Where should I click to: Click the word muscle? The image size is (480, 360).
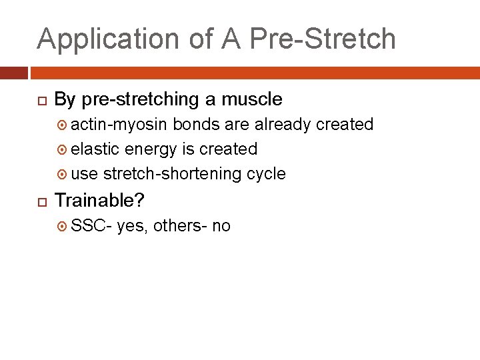coord(253,99)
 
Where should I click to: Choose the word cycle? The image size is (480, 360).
coord(266,174)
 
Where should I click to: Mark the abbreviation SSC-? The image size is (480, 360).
coord(91,226)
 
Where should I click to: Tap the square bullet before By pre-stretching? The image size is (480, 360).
coord(41,100)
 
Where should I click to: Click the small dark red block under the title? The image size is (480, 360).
coord(13,72)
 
